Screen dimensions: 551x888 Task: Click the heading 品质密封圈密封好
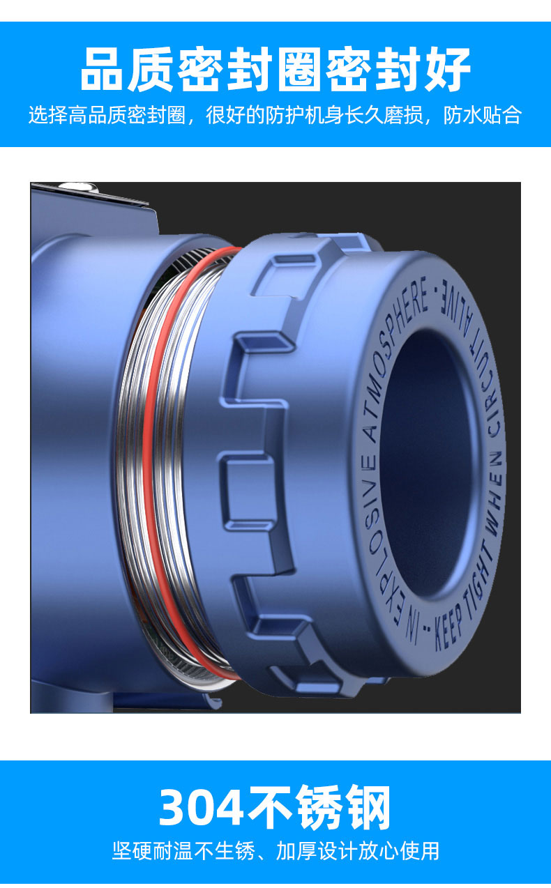point(275,70)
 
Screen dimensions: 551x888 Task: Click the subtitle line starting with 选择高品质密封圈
point(275,116)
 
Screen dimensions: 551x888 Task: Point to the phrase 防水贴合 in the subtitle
point(482,116)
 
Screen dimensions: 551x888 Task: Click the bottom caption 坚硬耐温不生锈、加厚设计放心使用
point(275,850)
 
